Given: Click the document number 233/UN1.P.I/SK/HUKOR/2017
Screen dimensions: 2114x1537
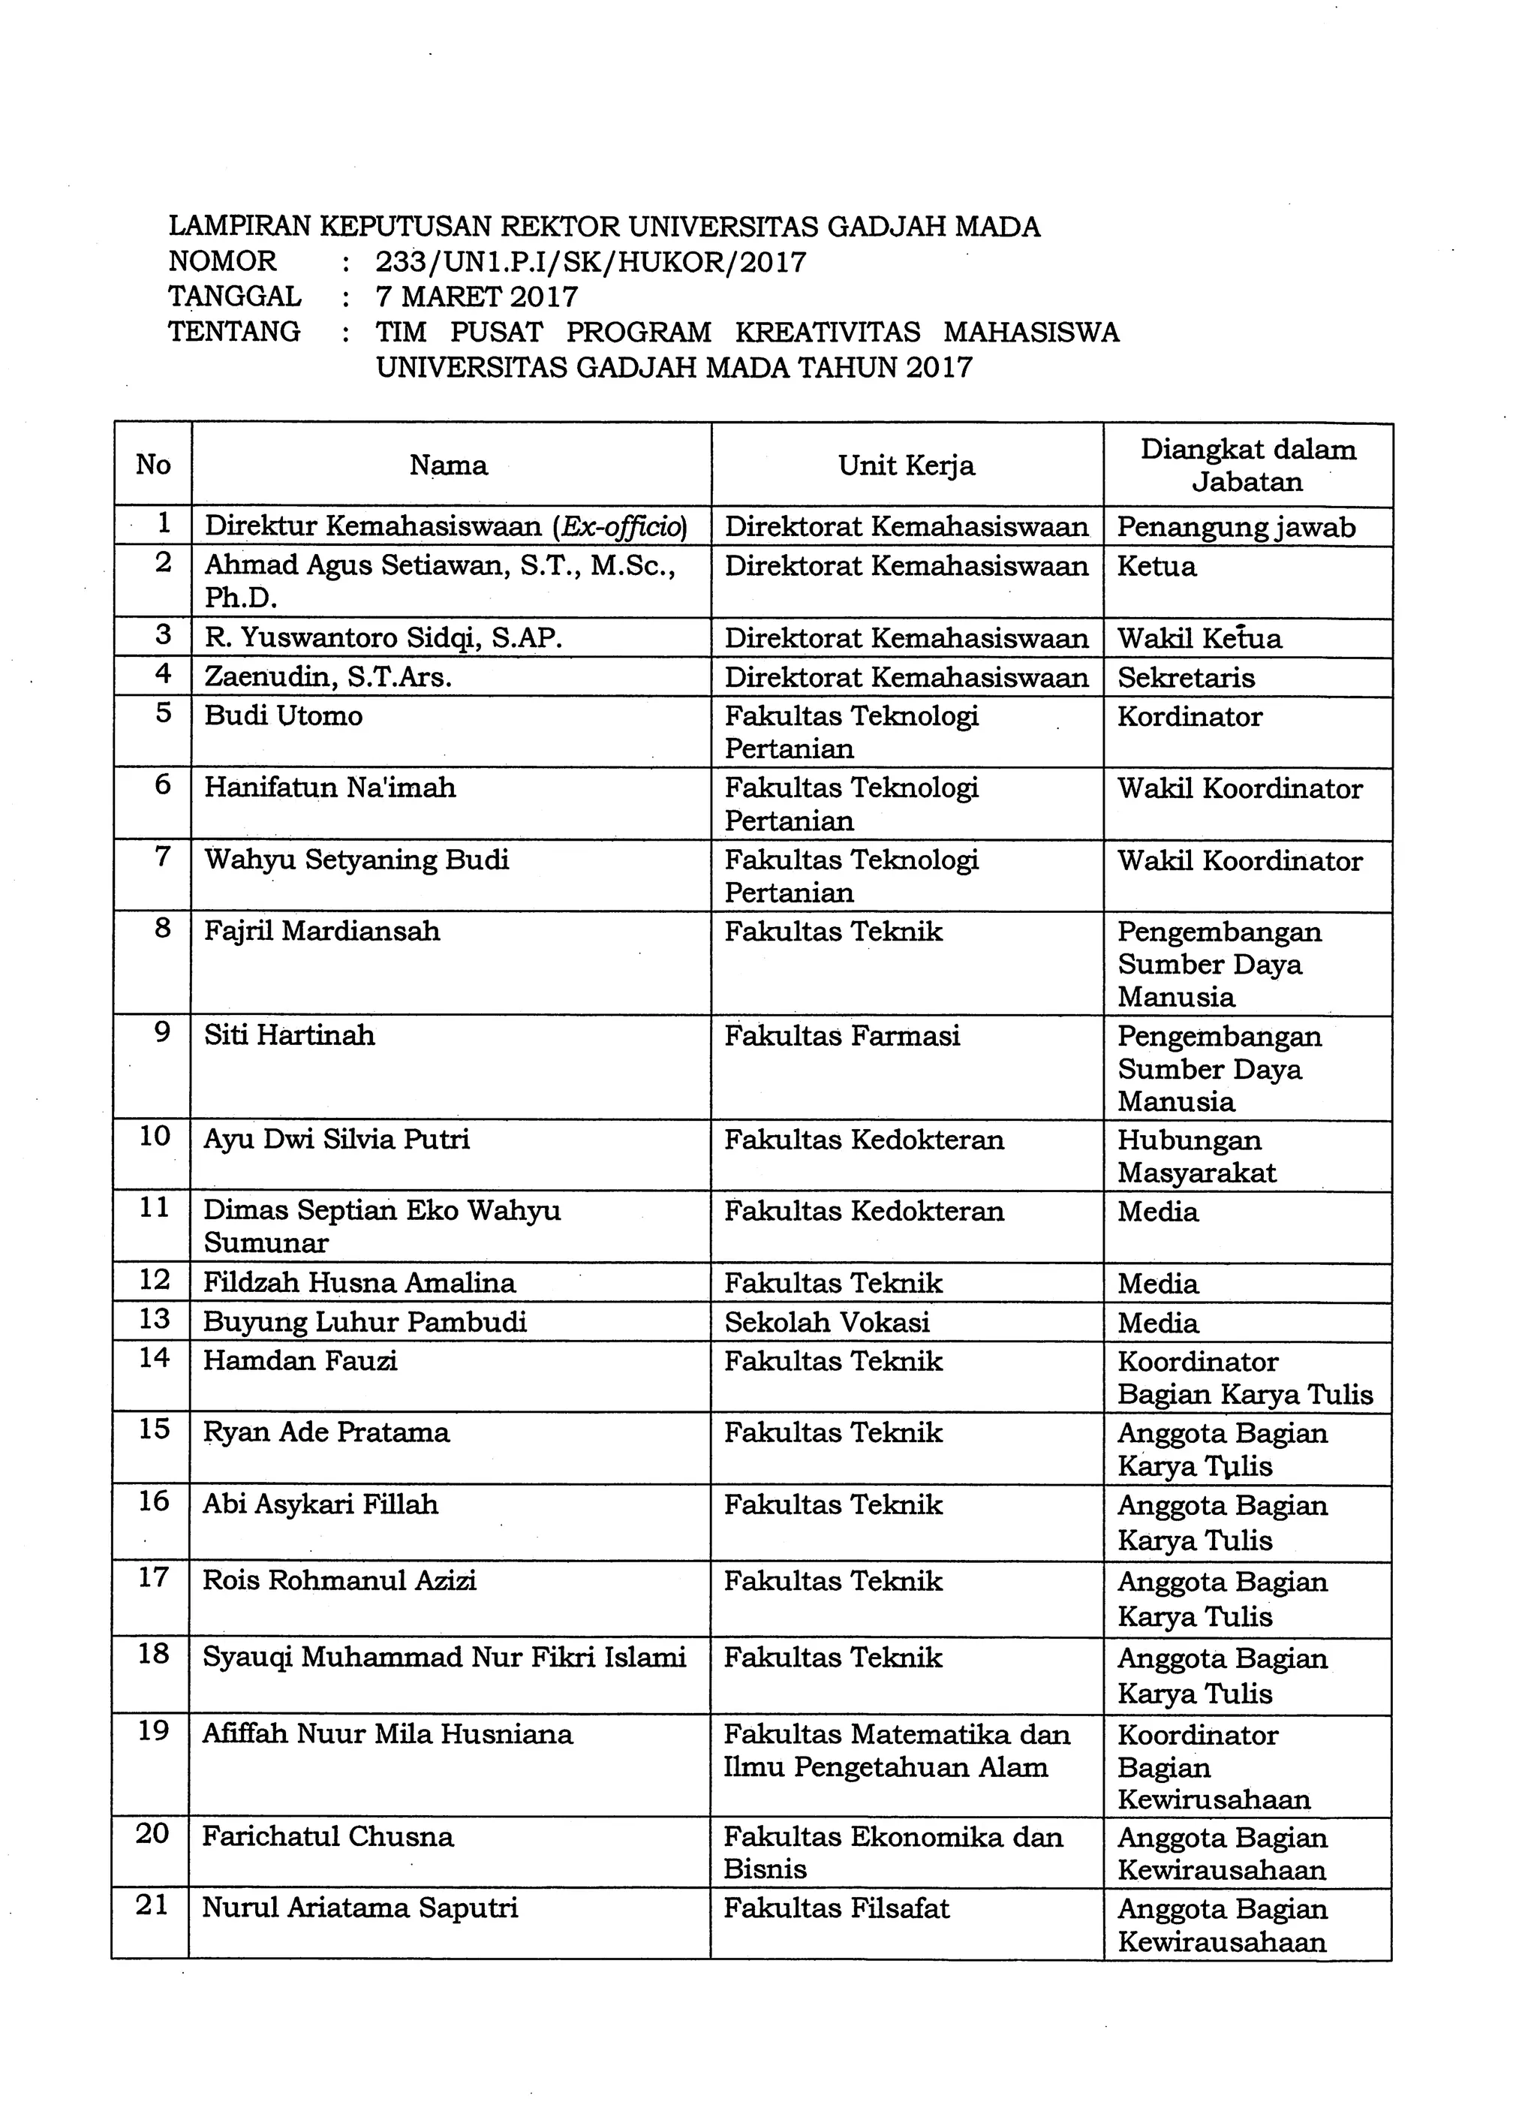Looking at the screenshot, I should click(x=591, y=262).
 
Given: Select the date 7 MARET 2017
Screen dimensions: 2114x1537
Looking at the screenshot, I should click(x=477, y=297).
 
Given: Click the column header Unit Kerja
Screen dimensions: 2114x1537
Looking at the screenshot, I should click(x=906, y=465).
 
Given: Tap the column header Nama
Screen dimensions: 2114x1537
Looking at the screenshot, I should click(x=448, y=465).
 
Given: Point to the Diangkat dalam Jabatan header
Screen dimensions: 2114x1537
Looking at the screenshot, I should click(x=1247, y=465).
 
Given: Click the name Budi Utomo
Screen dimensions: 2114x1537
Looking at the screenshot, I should click(x=284, y=716).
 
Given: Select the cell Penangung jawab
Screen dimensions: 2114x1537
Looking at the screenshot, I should click(x=1236, y=527).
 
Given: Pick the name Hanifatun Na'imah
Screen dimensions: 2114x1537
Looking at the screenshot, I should click(x=330, y=787).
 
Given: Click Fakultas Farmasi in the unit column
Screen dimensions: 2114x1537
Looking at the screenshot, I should click(x=841, y=1035).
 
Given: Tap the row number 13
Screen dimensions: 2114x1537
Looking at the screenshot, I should click(x=154, y=1319).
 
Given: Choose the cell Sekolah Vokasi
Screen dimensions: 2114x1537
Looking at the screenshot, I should click(x=827, y=1322).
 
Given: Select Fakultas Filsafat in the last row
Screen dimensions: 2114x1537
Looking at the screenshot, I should click(x=836, y=1908).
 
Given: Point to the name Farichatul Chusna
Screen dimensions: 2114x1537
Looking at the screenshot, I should click(x=328, y=1836).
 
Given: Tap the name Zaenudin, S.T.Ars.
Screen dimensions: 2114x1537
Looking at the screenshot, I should click(x=328, y=676).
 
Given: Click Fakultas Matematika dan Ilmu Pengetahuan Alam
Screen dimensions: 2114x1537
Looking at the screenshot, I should click(x=896, y=1750).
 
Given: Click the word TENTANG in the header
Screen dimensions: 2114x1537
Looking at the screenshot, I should click(x=234, y=332).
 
